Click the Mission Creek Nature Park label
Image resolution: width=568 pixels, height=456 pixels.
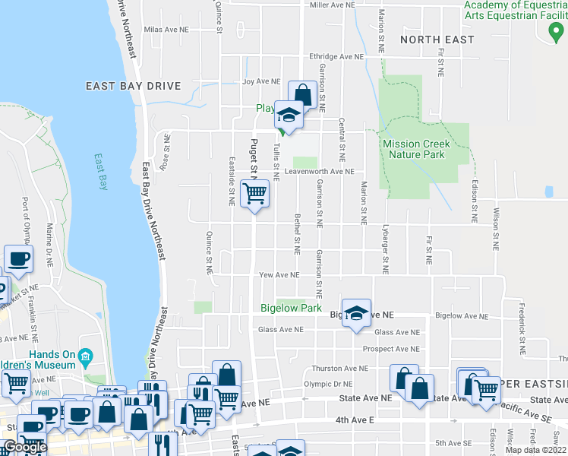(x=415, y=149)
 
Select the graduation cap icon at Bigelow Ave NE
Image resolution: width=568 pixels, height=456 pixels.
(x=355, y=314)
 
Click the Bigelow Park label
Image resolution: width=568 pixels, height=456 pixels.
(x=291, y=309)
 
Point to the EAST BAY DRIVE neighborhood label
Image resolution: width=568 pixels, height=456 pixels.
(x=133, y=86)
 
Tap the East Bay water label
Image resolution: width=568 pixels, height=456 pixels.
(x=101, y=173)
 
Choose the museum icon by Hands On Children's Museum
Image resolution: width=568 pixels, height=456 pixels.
(x=85, y=356)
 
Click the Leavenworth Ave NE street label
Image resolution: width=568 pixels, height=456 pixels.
(x=320, y=172)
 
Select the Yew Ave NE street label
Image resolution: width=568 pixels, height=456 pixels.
(x=280, y=275)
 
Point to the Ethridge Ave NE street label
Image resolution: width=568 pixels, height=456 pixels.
(x=336, y=57)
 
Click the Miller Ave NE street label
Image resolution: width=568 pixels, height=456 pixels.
(x=333, y=5)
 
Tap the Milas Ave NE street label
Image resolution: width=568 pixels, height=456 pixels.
(x=170, y=30)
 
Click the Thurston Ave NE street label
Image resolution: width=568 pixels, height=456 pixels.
(x=339, y=368)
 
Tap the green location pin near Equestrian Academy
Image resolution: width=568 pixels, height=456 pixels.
(x=553, y=32)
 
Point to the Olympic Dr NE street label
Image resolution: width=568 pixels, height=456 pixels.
(x=328, y=385)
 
